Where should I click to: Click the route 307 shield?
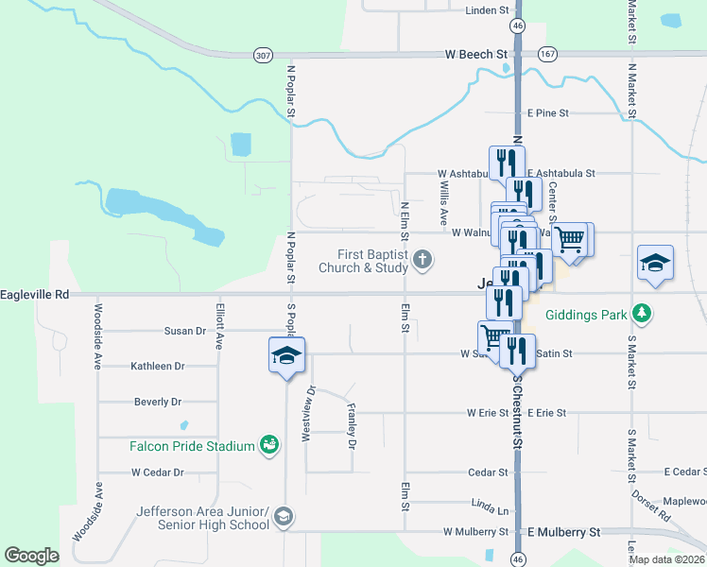[264, 56]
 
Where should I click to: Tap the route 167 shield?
[548, 55]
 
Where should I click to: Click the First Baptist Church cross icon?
[422, 259]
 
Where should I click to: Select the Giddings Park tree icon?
[642, 313]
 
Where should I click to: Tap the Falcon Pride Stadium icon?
[269, 444]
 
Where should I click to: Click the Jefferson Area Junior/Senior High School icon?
[284, 517]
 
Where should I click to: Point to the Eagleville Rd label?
[35, 295]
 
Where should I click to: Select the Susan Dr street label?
[185, 331]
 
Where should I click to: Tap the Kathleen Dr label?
[158, 366]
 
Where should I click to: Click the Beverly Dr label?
[158, 402]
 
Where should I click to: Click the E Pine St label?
[547, 113]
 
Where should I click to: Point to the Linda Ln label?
[489, 508]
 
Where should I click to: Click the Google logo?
[32, 556]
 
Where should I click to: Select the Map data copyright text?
[667, 559]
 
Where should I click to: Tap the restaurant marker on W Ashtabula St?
[506, 163]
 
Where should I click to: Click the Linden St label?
[488, 10]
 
